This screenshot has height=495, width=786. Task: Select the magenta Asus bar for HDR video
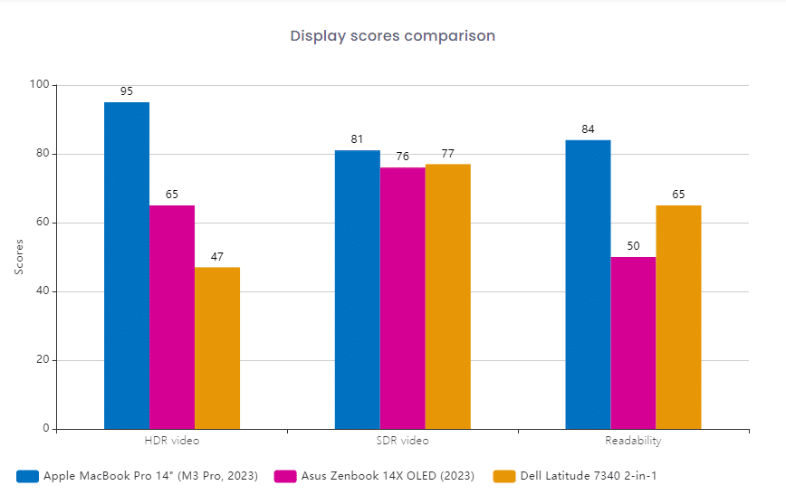[x=172, y=317]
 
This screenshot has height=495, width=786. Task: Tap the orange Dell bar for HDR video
[x=217, y=347]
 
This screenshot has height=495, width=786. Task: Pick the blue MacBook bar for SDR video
[x=358, y=290]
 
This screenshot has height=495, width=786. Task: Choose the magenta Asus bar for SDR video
[x=402, y=298]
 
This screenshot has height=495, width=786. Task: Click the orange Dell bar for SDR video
[x=447, y=296]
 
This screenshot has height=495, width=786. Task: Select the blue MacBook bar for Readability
[x=588, y=284]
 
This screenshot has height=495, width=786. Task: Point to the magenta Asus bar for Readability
[x=633, y=343]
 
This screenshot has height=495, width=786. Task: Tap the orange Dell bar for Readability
[x=678, y=317]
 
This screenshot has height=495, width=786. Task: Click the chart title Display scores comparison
[x=392, y=36]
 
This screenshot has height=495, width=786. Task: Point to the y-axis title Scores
[x=19, y=257]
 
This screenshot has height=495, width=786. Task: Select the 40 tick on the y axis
[x=44, y=291]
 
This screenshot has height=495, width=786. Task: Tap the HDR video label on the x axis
[x=172, y=441]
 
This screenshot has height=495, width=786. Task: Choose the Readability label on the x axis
[x=633, y=441]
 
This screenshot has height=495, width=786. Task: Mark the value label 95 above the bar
[x=127, y=91]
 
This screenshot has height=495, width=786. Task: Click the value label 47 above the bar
[x=217, y=257]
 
